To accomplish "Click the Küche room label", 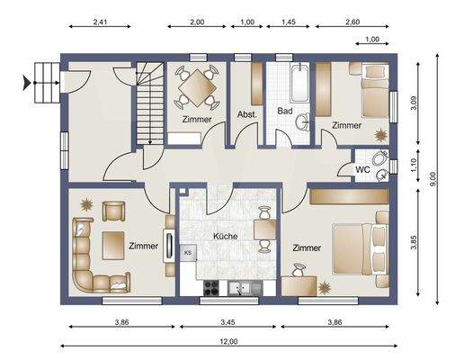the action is (x=226, y=236).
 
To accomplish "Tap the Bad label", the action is (x=285, y=111).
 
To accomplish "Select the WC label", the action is (x=362, y=169).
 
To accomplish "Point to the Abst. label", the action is (x=247, y=114).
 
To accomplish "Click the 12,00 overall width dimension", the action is (x=228, y=341).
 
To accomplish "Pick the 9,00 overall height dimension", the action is (x=433, y=179).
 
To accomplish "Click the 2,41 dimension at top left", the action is (x=100, y=22).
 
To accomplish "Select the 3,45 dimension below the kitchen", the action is (x=228, y=322).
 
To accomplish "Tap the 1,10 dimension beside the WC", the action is (x=414, y=165).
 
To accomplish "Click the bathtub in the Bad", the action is (x=299, y=83).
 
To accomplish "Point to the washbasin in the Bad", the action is (x=302, y=121).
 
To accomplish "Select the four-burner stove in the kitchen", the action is (x=211, y=288).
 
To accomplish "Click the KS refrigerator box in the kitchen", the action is (x=188, y=252).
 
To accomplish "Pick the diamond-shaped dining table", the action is (x=197, y=88).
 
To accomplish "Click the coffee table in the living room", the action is (x=113, y=246).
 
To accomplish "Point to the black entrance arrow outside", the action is (x=26, y=83).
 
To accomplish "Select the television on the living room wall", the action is (x=169, y=246).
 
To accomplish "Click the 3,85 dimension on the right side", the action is (x=414, y=242).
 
